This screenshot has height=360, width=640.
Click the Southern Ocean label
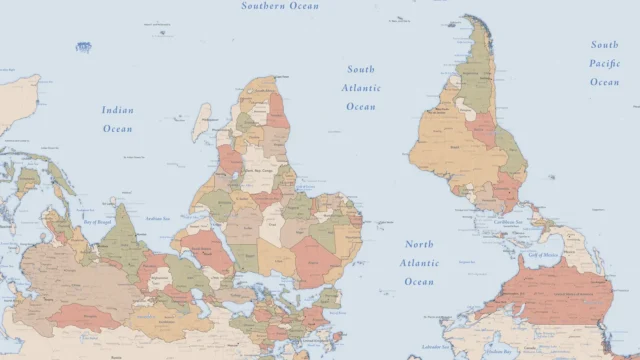280,6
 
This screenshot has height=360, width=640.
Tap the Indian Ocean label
117,119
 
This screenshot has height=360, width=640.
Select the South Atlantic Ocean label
361,88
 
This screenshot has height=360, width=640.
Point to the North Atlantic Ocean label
420,263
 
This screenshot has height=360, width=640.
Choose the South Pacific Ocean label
604,63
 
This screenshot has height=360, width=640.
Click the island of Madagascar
202,122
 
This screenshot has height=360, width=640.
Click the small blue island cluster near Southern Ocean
84,47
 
